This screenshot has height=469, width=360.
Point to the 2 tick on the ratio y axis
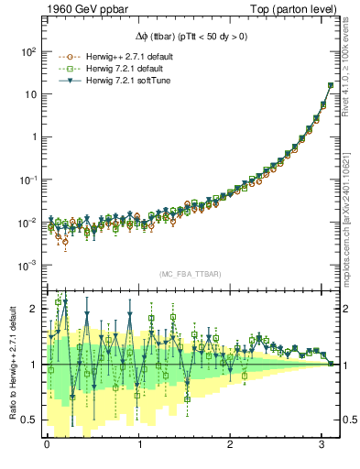(32, 309)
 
